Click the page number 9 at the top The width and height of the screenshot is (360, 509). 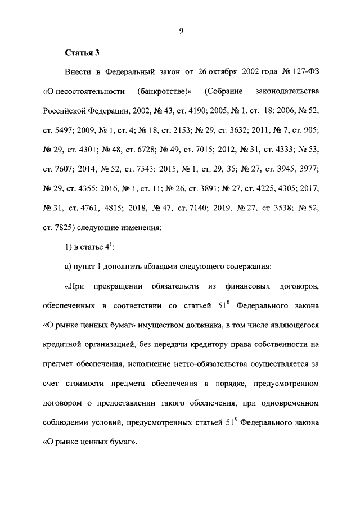(x=182, y=32)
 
